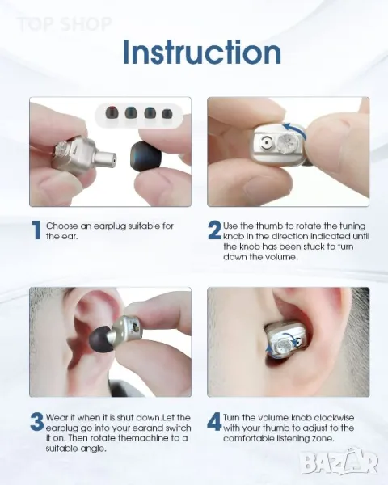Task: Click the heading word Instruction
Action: (x=202, y=52)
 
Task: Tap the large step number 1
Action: (x=36, y=230)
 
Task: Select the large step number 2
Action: (x=214, y=230)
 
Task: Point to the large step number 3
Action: (x=37, y=422)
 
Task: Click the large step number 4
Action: (x=214, y=421)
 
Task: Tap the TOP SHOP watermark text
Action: (x=64, y=24)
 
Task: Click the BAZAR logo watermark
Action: (x=339, y=462)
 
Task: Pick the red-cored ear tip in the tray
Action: (x=112, y=112)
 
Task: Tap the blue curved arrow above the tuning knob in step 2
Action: (x=295, y=129)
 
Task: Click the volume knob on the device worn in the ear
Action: (x=283, y=346)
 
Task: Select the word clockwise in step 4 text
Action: (x=334, y=418)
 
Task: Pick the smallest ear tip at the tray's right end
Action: (x=167, y=113)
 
